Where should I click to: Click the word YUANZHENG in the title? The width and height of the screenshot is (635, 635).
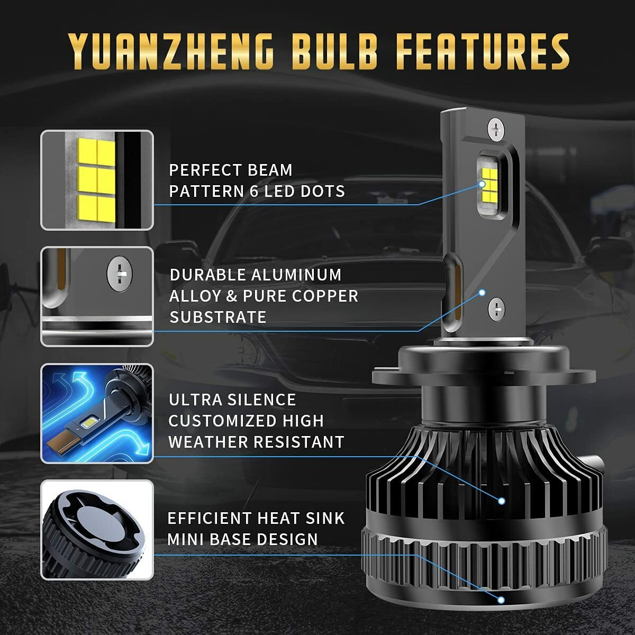click(171, 51)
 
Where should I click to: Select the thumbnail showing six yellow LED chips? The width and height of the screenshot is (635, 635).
click(97, 180)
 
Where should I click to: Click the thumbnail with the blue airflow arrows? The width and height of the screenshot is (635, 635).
click(97, 413)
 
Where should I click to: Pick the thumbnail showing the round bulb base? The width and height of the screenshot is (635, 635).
click(97, 530)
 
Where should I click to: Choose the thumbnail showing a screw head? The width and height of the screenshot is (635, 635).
click(97, 297)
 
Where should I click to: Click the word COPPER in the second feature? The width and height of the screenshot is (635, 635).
click(328, 296)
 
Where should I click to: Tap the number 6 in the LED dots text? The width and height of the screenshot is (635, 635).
click(254, 191)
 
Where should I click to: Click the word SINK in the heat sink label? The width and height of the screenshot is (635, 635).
click(325, 518)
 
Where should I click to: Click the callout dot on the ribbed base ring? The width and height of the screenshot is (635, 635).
click(501, 600)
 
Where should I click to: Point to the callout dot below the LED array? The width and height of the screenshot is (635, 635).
click(482, 292)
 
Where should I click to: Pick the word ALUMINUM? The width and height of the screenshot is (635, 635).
click(296, 275)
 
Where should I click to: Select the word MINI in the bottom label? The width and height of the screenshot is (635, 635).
click(186, 539)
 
